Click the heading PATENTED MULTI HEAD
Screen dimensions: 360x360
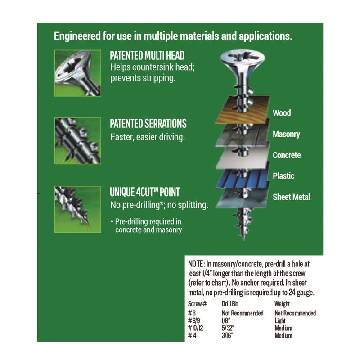[147, 56]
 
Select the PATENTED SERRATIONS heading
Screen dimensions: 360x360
[148, 124]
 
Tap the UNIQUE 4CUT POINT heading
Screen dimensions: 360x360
[145, 192]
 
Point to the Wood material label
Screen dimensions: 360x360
[282, 113]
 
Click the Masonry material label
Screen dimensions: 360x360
[286, 134]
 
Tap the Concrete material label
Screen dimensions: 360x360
[287, 155]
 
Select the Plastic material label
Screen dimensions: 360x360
[283, 176]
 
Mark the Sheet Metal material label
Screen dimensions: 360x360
[291, 197]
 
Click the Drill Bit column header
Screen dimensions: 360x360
[232, 304]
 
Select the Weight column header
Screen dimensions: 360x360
[282, 304]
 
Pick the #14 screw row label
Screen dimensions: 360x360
[193, 335]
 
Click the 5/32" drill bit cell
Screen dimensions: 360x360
[229, 328]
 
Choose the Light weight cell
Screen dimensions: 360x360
[280, 320]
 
